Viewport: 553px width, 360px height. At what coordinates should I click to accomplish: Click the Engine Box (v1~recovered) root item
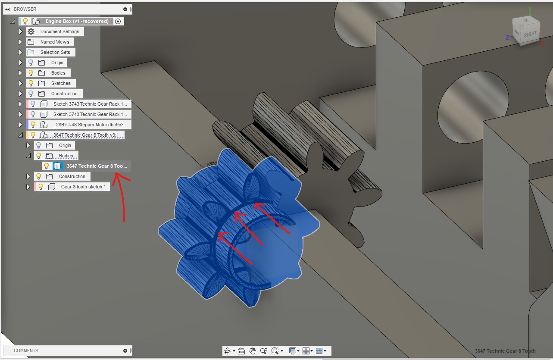click(77, 21)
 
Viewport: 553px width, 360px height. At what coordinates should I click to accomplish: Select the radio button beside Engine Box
click(118, 21)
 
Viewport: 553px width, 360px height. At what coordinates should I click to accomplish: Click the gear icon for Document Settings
click(31, 31)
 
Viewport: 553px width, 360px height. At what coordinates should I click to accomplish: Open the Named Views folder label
click(55, 42)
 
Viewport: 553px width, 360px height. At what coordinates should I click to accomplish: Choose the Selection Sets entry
click(55, 52)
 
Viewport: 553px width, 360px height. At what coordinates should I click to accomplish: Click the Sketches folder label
click(61, 83)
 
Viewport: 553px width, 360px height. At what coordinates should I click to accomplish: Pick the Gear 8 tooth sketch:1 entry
click(83, 187)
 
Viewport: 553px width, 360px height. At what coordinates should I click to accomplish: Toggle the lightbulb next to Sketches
click(31, 83)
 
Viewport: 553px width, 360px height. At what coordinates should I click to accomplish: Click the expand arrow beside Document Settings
click(20, 31)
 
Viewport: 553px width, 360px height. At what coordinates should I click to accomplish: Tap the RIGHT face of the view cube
click(530, 34)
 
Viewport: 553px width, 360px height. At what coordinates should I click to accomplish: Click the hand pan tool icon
click(253, 351)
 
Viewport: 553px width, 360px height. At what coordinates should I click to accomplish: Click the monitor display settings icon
click(293, 351)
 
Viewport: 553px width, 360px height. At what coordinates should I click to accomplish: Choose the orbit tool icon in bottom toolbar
click(227, 351)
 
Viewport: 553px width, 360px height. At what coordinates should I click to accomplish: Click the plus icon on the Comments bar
click(125, 351)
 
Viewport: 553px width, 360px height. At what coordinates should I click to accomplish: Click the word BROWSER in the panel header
click(25, 9)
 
